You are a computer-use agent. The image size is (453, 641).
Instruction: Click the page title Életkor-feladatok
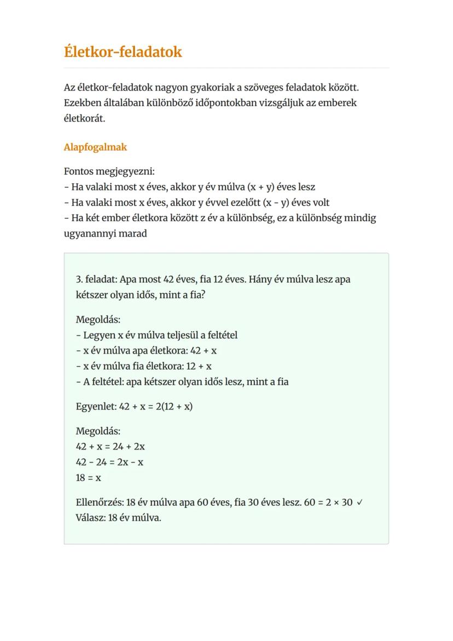point(123,52)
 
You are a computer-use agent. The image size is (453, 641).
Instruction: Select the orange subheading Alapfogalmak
point(95,147)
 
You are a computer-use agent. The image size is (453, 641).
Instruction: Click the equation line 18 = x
point(88,477)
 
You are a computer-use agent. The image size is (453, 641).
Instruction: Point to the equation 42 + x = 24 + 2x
point(110,446)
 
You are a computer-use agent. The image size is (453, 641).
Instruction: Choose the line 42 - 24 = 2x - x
point(109,462)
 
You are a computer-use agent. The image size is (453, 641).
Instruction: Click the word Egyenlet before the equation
point(95,407)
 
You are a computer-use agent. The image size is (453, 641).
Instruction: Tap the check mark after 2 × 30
point(359,503)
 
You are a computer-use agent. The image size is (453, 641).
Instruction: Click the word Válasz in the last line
point(89,518)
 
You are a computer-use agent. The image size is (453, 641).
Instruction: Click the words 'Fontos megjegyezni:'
point(109,171)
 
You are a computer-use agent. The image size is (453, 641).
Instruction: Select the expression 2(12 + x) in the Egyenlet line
point(174,407)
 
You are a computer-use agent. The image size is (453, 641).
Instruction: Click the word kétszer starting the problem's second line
point(92,294)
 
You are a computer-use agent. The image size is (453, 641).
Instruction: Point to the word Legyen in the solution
point(98,335)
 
